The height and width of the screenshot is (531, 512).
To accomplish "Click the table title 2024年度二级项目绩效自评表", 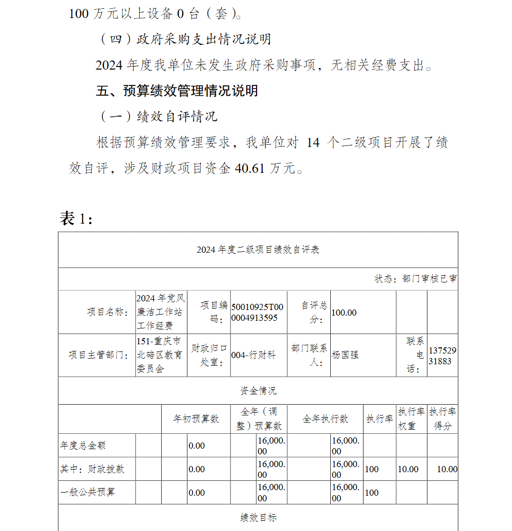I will click(258, 250).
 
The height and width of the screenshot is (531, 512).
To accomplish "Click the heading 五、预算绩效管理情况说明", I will click(177, 91).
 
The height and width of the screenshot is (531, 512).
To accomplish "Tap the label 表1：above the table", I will click(76, 218).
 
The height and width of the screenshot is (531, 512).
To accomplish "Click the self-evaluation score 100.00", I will click(344, 313).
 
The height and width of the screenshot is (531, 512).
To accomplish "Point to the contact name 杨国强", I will click(345, 355).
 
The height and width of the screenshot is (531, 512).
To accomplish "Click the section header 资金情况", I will click(258, 391).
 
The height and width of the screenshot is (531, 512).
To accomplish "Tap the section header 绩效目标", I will click(258, 518).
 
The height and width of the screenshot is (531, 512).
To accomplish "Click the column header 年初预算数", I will click(196, 419).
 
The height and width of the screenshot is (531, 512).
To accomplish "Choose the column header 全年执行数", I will click(325, 419).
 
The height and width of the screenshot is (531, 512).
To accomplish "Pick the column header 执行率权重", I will click(411, 418).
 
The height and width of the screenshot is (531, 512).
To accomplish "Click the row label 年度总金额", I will click(83, 446).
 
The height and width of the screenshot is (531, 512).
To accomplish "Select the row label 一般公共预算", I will click(88, 492).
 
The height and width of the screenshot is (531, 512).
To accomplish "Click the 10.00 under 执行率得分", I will click(446, 469).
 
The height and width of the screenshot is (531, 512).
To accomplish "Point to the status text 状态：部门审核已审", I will click(416, 279).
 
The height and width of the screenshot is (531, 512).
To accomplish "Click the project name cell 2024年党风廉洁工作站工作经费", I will click(161, 312).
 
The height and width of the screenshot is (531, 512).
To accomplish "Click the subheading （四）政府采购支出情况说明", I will click(184, 39).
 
